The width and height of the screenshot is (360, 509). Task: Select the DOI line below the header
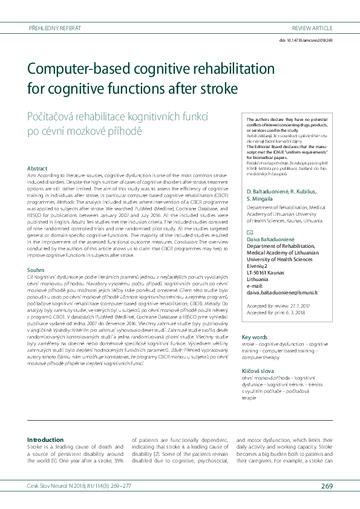coord(306,40)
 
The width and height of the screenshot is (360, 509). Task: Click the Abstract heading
coord(38,167)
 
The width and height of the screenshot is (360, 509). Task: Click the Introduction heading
coord(45,439)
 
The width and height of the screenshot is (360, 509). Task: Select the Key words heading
coord(254,337)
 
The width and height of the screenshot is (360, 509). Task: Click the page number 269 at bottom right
coord(326,485)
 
